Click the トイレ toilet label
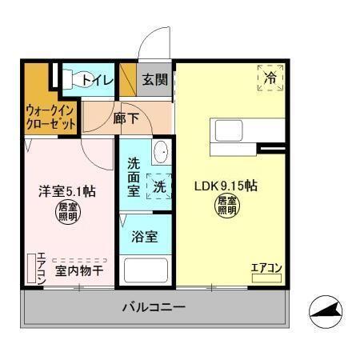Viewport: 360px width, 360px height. pyautogui.click(x=98, y=79)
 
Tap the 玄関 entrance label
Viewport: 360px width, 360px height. pyautogui.click(x=156, y=79)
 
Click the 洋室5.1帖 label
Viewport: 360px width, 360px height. pyautogui.click(x=68, y=191)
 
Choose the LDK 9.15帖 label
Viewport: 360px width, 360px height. pyautogui.click(x=226, y=186)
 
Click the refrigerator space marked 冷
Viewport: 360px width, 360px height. pyautogui.click(x=270, y=78)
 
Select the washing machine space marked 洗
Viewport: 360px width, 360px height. pyautogui.click(x=159, y=186)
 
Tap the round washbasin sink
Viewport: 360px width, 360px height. pyautogui.click(x=160, y=152)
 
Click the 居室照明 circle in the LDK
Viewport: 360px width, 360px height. pyautogui.click(x=226, y=206)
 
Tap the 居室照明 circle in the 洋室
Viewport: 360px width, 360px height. pyautogui.click(x=68, y=212)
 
